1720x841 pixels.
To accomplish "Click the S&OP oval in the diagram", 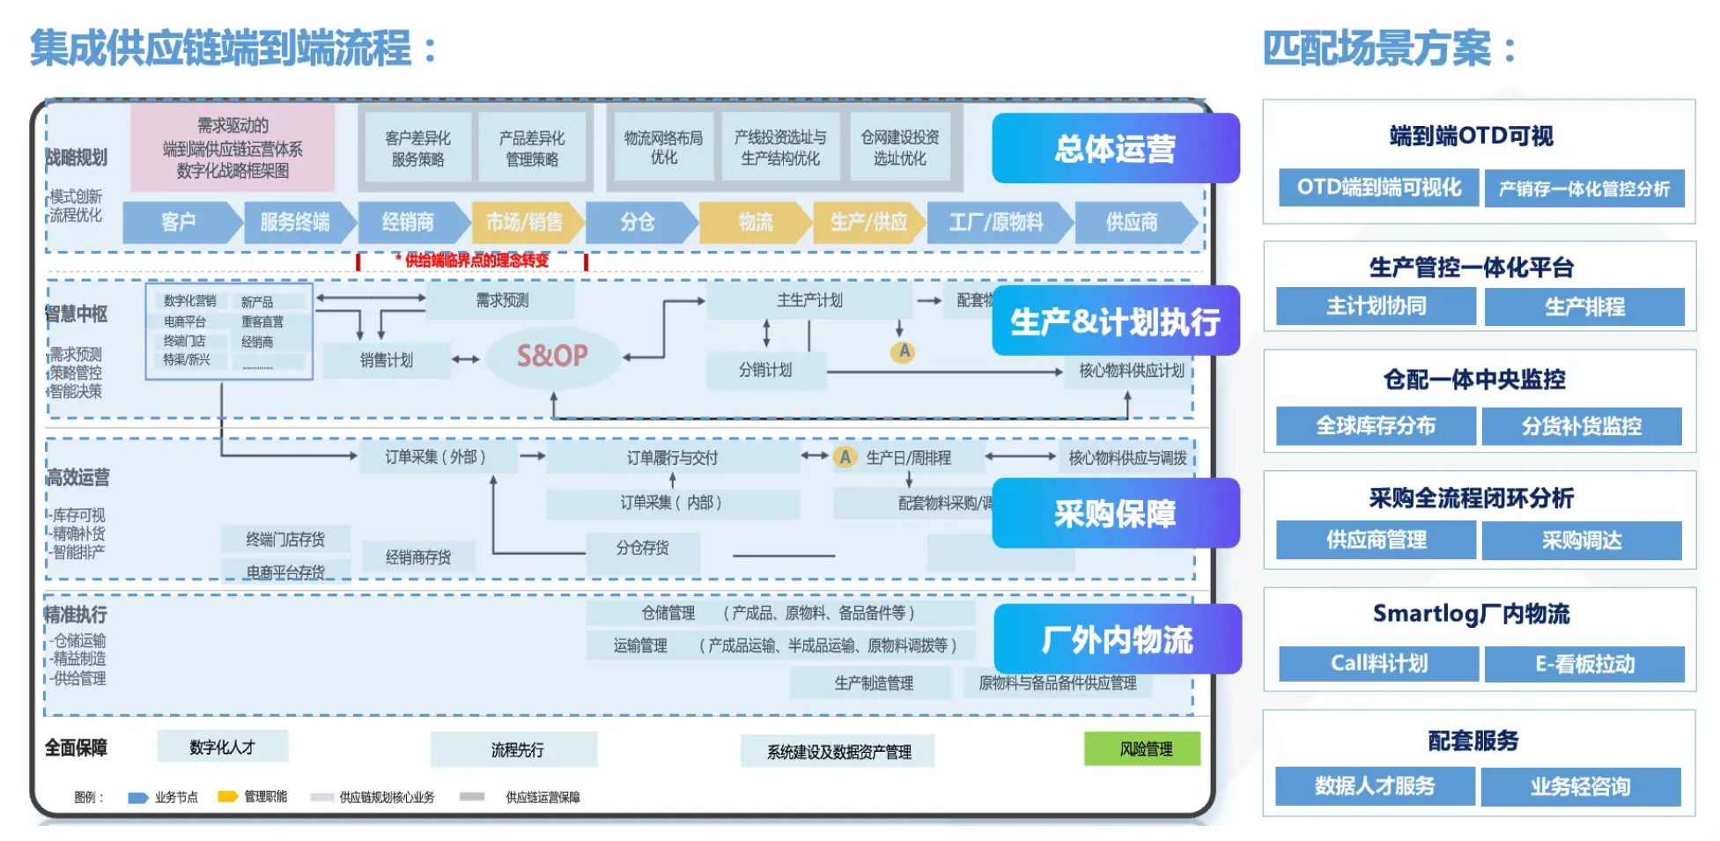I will click(x=552, y=356).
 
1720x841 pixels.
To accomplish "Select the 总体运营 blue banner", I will click(x=1115, y=149).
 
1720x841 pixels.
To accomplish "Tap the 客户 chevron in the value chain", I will click(x=179, y=222).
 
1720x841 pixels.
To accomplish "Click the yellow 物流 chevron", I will click(x=755, y=222).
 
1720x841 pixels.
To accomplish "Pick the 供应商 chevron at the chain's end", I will click(x=1133, y=222).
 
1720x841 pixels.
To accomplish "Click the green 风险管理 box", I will click(x=1142, y=749).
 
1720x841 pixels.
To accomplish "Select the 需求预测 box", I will click(x=502, y=300).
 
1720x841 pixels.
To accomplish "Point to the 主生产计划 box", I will click(x=808, y=300).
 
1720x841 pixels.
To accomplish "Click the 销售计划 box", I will click(x=387, y=360).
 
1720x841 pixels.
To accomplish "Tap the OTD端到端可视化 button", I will click(x=1378, y=188).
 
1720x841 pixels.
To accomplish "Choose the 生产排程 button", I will click(x=1584, y=306).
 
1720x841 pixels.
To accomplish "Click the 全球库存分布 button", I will click(x=1376, y=426).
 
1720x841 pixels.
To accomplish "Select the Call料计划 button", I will click(x=1378, y=663).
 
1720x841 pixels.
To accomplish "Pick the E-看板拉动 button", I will click(x=1584, y=663).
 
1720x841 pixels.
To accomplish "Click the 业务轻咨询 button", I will click(x=1581, y=786).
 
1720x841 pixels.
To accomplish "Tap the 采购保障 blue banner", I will click(x=1115, y=513).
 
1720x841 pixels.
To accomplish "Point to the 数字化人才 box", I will click(x=222, y=747).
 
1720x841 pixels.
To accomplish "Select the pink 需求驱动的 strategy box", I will click(x=233, y=148).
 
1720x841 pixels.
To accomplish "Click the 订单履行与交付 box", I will click(x=672, y=458).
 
